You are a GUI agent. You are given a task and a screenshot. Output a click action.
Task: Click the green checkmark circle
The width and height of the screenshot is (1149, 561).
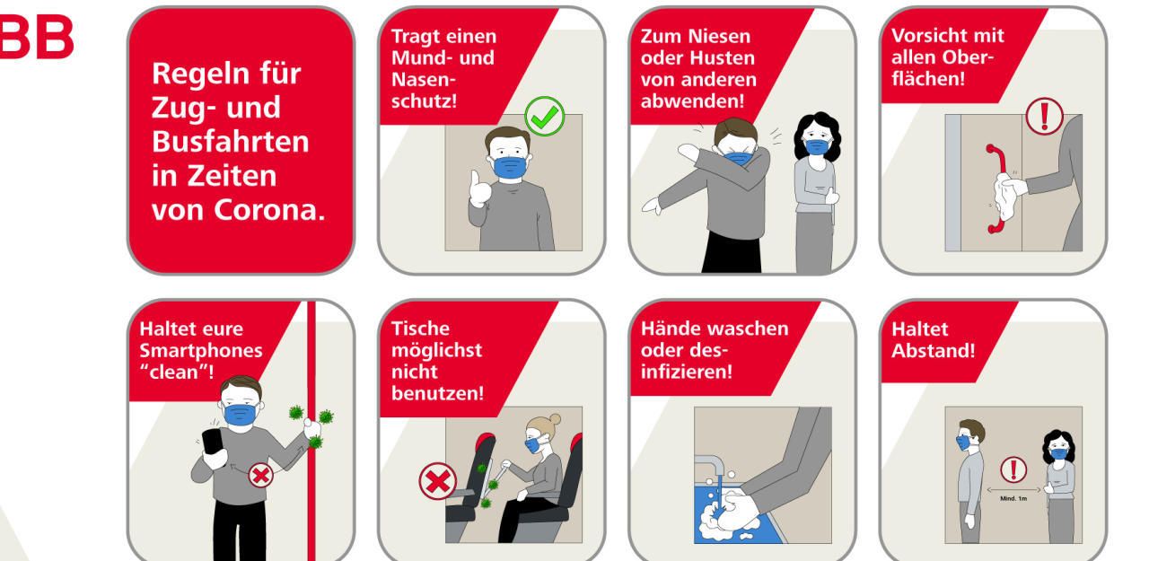pos(544,117)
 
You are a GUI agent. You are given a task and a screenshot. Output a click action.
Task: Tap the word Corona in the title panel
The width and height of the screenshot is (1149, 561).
pos(268,210)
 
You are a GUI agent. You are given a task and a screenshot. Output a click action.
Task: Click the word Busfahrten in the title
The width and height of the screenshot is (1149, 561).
pos(231,141)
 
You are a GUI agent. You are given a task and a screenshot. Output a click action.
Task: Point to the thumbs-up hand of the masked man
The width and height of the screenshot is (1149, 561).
pos(480,188)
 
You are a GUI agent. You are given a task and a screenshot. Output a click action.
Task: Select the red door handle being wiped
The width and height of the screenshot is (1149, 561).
pos(996,188)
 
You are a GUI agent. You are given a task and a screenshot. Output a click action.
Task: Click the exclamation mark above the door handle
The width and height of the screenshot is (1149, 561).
pos(1044,116)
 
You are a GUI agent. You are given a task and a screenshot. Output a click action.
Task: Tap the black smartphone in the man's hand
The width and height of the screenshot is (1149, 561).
pos(213,441)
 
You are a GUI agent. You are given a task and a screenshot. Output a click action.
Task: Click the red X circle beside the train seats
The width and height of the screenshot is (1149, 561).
pos(437,481)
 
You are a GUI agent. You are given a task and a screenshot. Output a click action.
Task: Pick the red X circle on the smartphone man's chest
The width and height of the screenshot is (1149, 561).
pos(260,476)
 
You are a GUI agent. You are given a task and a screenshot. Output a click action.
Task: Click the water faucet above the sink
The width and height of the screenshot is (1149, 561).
pos(710,465)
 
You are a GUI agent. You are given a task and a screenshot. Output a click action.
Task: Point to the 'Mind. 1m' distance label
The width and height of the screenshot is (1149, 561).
pos(1013,498)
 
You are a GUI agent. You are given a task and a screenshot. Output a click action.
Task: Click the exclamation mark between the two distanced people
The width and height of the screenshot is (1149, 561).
pos(1013,469)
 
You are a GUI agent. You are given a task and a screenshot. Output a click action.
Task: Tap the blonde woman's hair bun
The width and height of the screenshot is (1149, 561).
pos(554,419)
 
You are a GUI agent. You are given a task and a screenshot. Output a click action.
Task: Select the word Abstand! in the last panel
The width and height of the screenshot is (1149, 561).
pos(933,351)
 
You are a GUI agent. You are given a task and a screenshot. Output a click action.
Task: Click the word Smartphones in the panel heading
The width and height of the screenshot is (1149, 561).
pos(201,351)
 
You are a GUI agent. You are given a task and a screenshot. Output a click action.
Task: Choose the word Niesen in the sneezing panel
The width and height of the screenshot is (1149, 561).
pos(721,37)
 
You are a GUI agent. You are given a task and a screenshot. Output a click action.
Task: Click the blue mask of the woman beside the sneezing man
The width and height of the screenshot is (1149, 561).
pos(818,146)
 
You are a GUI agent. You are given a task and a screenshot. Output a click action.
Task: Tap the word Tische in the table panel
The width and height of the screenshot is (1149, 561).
pos(421,329)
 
